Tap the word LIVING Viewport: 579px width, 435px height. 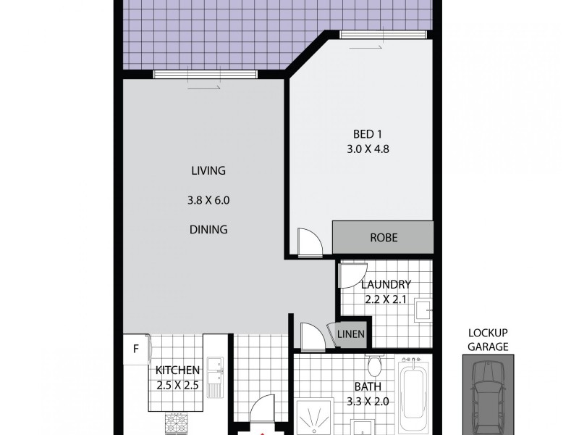(x=208, y=171)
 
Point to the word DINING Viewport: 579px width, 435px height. (x=208, y=230)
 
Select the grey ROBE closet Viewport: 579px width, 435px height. (x=383, y=238)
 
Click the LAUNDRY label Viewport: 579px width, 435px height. (x=386, y=284)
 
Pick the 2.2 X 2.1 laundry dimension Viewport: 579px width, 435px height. (x=386, y=299)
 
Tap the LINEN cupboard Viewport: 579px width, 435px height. (x=351, y=334)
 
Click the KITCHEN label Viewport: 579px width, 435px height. (x=177, y=370)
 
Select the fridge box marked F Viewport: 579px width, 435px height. (x=135, y=349)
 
